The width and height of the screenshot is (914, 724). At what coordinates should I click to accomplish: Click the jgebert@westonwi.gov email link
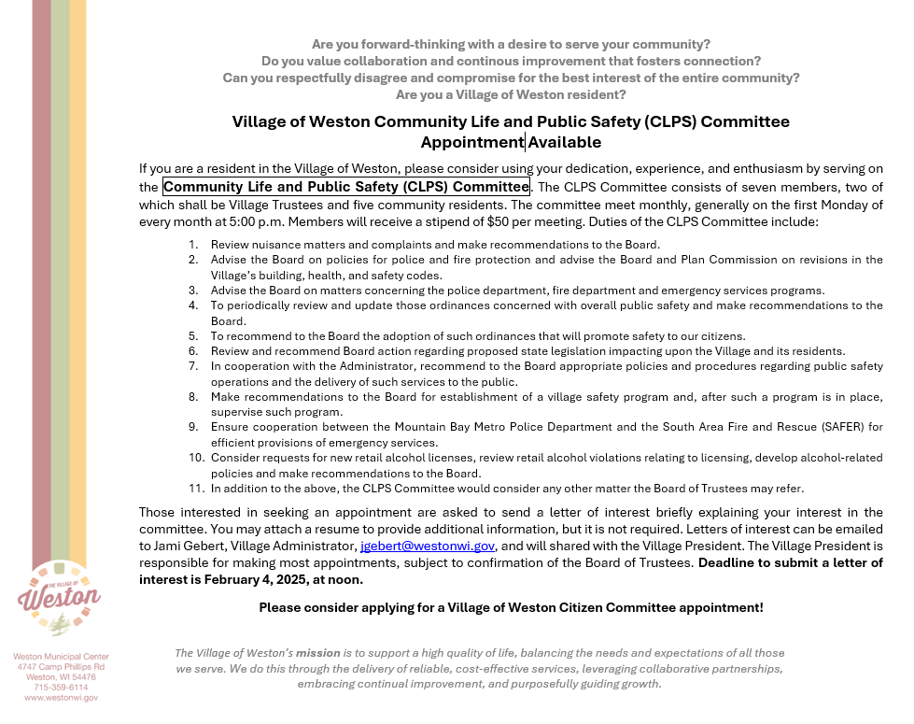point(427,546)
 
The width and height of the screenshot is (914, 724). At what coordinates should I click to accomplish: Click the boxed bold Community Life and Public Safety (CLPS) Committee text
point(346,187)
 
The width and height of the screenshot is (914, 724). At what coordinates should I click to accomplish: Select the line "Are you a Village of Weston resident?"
point(510,94)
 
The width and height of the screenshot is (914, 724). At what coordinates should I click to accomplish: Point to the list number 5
point(193,335)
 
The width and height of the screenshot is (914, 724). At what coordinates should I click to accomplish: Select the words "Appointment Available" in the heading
point(511,143)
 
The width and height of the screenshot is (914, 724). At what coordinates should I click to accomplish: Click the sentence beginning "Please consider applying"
point(510,608)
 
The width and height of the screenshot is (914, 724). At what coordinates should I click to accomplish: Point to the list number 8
point(193,396)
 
